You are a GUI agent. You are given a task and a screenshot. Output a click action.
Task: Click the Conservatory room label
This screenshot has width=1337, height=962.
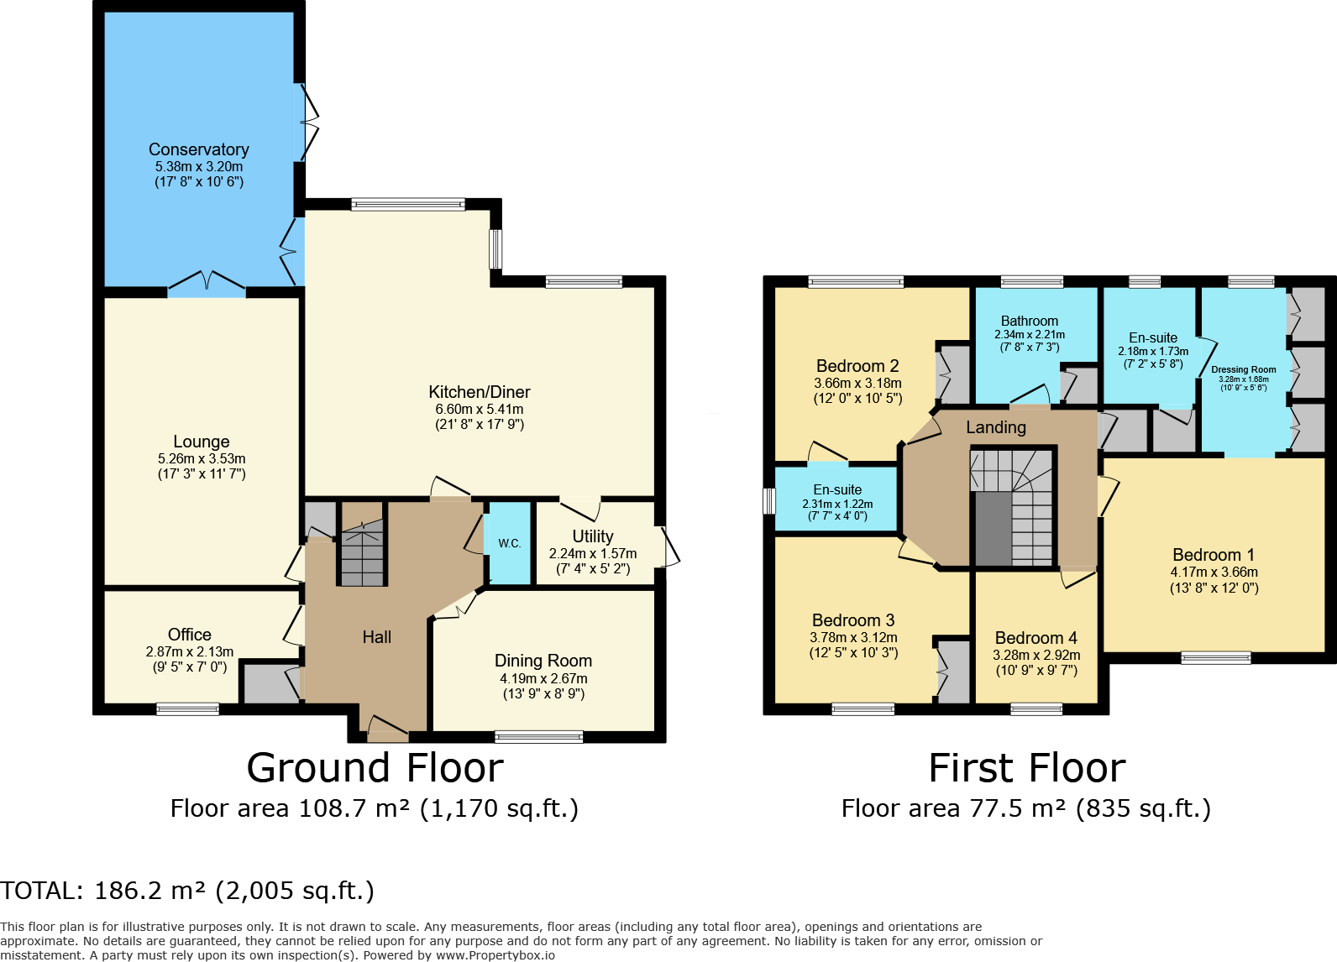(x=199, y=149)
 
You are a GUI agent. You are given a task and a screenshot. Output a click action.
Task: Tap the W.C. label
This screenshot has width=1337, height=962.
(x=510, y=543)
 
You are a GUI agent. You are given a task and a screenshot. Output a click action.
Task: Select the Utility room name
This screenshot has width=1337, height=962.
(x=593, y=536)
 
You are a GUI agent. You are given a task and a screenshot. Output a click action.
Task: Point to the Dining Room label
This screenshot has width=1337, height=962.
(x=543, y=661)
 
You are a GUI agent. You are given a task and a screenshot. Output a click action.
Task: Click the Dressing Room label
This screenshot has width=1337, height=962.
(x=1243, y=369)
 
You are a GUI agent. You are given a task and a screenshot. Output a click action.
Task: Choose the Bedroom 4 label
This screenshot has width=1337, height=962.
(x=1036, y=637)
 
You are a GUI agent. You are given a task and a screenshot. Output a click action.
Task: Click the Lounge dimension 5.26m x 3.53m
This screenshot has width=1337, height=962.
(x=202, y=458)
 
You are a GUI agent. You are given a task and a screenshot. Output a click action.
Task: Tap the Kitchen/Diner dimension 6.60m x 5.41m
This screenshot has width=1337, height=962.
(x=480, y=409)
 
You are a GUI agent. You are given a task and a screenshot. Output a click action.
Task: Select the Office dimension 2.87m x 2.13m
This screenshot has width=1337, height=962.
(x=190, y=651)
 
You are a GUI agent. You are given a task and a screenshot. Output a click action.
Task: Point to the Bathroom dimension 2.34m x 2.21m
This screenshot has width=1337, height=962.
(x=1030, y=335)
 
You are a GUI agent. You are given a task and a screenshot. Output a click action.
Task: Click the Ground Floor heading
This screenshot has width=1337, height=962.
(x=375, y=768)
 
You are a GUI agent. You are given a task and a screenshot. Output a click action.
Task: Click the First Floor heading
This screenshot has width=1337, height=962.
(x=1026, y=768)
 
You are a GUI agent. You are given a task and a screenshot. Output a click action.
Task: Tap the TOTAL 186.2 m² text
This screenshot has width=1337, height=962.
(x=186, y=891)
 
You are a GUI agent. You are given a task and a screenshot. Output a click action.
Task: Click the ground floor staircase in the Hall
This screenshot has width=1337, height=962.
(x=362, y=552)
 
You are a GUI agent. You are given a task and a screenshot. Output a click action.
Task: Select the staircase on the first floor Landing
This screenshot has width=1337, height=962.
(x=1013, y=508)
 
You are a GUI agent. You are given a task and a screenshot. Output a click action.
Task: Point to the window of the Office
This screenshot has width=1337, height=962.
(x=187, y=709)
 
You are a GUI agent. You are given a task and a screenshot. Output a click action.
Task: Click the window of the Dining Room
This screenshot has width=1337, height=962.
(x=538, y=737)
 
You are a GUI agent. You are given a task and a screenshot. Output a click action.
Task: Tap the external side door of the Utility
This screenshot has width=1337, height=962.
(x=668, y=546)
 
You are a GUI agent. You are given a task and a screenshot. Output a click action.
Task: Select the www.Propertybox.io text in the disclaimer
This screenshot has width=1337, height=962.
(x=495, y=954)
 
